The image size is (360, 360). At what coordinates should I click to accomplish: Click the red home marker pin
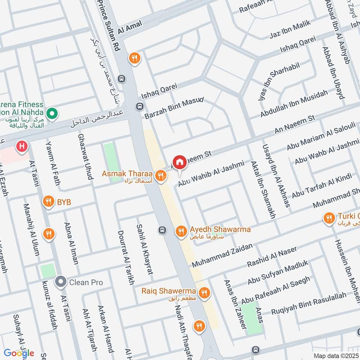click(180, 162)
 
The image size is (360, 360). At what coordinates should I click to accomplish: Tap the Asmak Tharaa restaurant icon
click(160, 175)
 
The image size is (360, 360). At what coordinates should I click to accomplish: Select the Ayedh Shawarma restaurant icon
click(181, 231)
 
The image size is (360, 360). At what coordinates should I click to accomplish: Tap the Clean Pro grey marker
click(60, 282)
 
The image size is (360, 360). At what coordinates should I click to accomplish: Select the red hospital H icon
click(21, 146)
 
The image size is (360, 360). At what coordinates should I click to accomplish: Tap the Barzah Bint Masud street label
click(174, 108)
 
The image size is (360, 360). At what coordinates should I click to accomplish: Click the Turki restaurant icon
click(329, 219)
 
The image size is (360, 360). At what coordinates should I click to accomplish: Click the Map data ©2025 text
click(335, 355)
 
